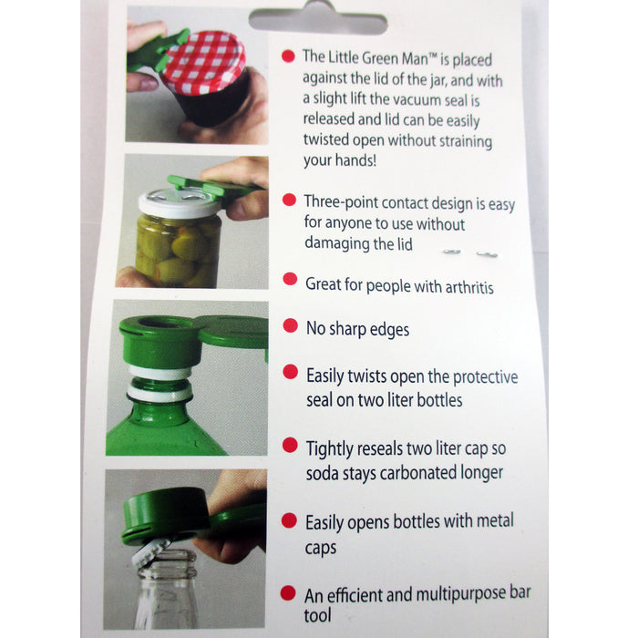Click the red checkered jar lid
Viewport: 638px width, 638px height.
(x=203, y=62)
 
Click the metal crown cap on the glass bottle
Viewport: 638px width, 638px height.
(x=151, y=552)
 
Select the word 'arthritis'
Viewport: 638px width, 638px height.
(x=469, y=287)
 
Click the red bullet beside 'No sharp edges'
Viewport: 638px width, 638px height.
(x=290, y=325)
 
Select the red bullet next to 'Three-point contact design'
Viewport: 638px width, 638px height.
(x=289, y=200)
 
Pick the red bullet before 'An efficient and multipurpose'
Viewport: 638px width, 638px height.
(x=288, y=593)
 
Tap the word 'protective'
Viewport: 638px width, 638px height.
(x=485, y=377)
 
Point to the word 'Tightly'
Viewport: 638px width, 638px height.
(x=329, y=449)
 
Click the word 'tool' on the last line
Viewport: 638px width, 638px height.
(x=317, y=615)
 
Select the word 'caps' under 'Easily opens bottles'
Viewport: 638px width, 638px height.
(x=321, y=549)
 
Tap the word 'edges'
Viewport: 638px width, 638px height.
(x=389, y=330)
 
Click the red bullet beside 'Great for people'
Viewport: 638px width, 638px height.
(x=290, y=279)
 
